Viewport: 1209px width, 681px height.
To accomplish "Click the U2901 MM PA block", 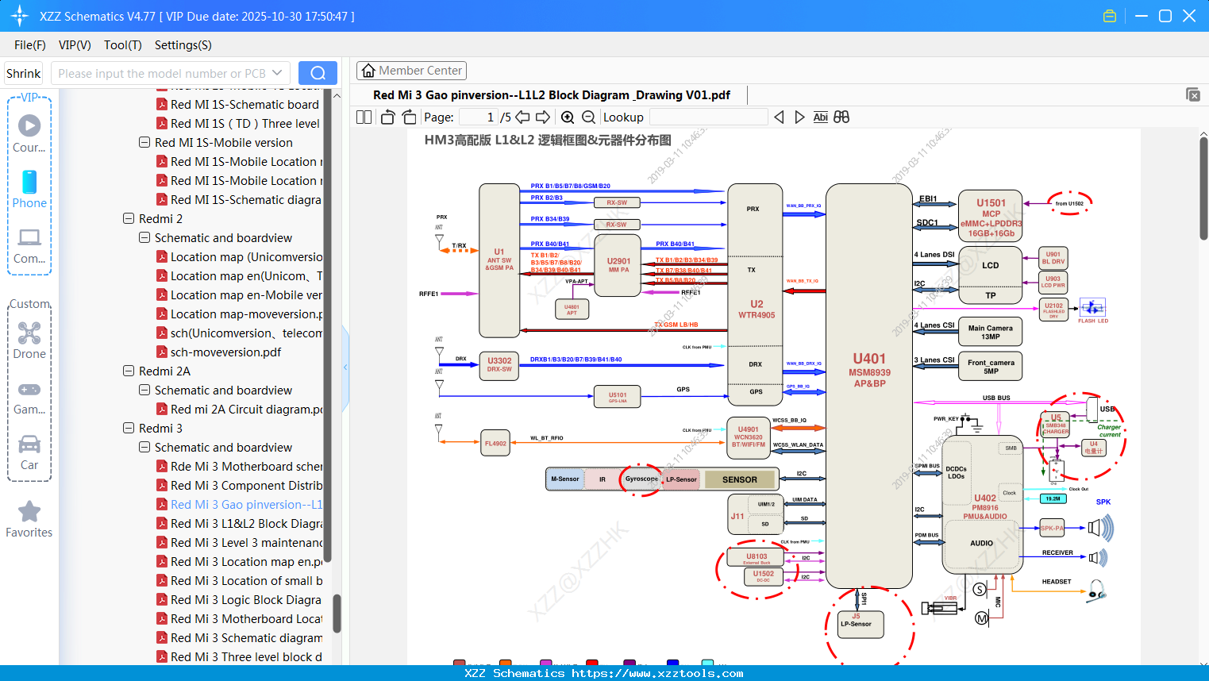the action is [x=618, y=265].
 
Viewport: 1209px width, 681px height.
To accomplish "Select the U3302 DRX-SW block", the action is [x=499, y=364].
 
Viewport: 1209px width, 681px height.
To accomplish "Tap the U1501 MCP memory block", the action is [x=991, y=217].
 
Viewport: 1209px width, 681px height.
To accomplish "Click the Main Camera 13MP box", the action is [x=990, y=332].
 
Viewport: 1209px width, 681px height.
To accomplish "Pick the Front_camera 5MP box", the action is [x=991, y=366].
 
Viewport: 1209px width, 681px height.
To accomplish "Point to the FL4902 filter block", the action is [x=495, y=444].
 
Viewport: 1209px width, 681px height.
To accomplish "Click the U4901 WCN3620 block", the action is [x=748, y=437].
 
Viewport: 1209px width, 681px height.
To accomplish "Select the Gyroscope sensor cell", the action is [x=641, y=479].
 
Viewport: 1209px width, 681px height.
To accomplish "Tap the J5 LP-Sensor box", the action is [x=856, y=623].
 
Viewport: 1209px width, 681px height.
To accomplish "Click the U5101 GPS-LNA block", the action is [x=618, y=396].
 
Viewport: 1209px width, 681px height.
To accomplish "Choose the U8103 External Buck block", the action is [x=757, y=558].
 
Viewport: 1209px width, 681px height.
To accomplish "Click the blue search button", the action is [x=318, y=73].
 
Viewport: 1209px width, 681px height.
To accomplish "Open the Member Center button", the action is [x=411, y=71].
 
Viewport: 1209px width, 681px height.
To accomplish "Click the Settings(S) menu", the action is [x=183, y=45].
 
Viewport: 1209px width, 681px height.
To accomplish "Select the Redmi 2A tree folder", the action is [x=164, y=371].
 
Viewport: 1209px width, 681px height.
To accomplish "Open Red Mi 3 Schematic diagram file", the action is [x=246, y=638].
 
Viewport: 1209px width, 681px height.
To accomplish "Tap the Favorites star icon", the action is [x=29, y=512].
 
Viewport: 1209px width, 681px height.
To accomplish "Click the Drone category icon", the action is [x=29, y=333].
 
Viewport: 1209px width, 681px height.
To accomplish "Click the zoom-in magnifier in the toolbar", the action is [x=568, y=117].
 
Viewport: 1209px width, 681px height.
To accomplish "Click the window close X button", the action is [x=1189, y=16].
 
